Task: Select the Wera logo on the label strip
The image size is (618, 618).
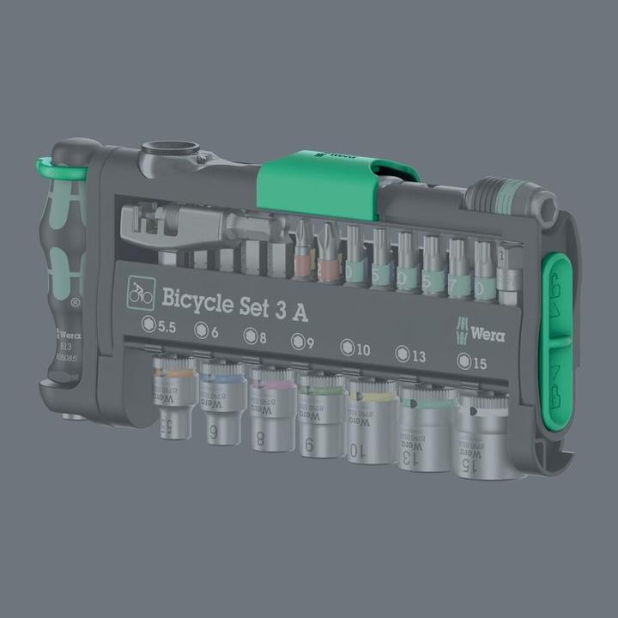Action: point(483,331)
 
